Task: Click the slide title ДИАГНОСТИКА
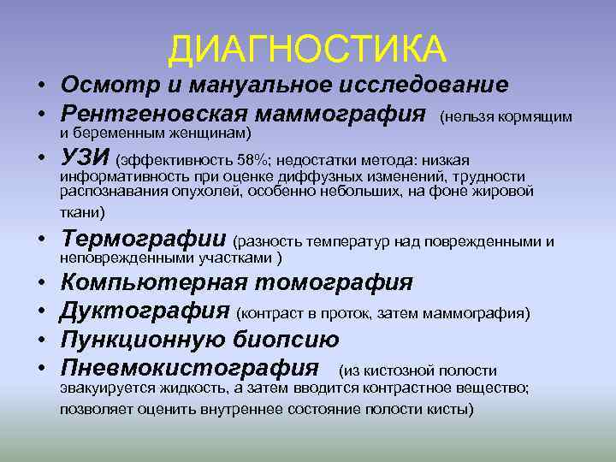307,49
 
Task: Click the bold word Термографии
144,241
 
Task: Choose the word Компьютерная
154,282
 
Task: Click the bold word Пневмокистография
189,369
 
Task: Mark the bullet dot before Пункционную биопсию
40,341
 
